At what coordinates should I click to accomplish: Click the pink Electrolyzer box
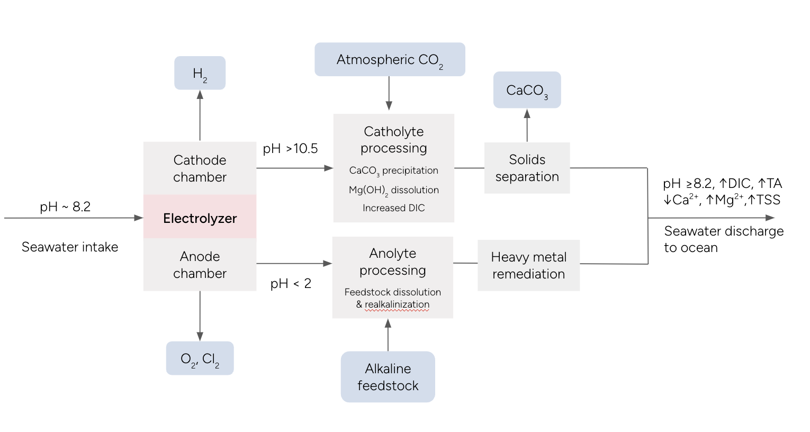click(x=200, y=218)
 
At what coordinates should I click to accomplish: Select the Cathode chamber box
click(x=200, y=168)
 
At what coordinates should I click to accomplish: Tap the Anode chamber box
click(x=200, y=265)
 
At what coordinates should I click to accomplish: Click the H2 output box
click(x=200, y=73)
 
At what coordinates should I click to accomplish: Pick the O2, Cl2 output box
click(x=200, y=358)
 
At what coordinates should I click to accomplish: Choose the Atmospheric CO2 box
click(x=390, y=60)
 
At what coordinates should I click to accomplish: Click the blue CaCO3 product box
click(x=527, y=91)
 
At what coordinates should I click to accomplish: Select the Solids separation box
click(x=527, y=168)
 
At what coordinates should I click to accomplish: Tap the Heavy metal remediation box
click(x=528, y=265)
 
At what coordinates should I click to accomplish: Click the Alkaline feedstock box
click(x=388, y=377)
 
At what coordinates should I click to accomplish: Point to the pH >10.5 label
click(x=290, y=149)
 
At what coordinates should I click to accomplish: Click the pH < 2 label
click(x=291, y=284)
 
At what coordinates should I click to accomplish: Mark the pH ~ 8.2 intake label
click(x=65, y=207)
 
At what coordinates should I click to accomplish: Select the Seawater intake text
click(x=70, y=247)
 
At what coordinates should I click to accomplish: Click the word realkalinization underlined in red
click(x=397, y=305)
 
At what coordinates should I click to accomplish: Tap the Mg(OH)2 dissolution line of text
click(x=393, y=190)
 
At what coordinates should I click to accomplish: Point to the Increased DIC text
click(x=393, y=208)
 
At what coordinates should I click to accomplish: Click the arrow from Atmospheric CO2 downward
click(x=389, y=93)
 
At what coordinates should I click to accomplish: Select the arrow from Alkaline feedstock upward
click(x=388, y=335)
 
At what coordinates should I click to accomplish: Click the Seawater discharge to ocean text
click(x=723, y=239)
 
